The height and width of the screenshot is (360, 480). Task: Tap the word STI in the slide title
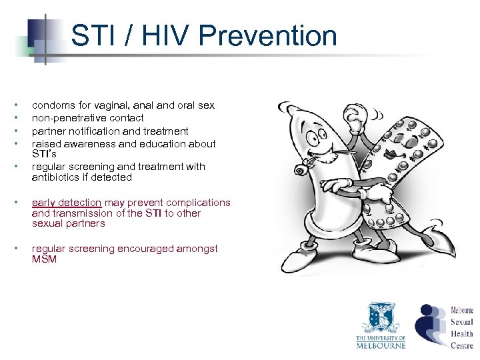click(92, 35)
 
